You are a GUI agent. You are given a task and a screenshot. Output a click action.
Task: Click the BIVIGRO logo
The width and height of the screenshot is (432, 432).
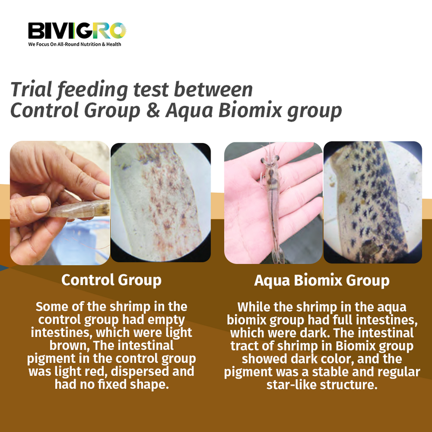77,30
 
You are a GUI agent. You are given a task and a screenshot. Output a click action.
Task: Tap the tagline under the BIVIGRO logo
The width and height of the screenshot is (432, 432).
75,44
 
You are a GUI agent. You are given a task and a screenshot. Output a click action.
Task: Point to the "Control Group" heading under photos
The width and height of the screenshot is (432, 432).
111,280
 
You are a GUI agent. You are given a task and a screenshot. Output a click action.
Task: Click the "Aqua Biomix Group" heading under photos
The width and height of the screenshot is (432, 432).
322,281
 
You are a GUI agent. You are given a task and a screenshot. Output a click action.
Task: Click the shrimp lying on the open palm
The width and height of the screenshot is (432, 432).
270,205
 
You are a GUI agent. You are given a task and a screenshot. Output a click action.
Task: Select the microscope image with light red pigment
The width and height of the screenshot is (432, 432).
160,202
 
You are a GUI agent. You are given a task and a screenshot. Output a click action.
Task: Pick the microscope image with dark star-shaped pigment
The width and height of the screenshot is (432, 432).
372,202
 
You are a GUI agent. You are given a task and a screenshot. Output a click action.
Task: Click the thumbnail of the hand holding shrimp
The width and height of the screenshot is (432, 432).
59,202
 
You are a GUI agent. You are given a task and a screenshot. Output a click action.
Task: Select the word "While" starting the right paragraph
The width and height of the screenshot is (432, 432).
253,307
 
